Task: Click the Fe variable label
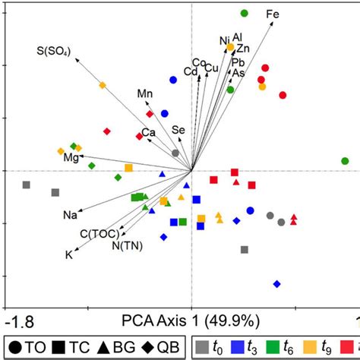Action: coord(272,14)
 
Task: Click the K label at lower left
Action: coord(68,255)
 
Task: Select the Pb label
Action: coord(238,62)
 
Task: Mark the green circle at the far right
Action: coord(346,161)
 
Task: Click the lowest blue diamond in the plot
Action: coord(276,284)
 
